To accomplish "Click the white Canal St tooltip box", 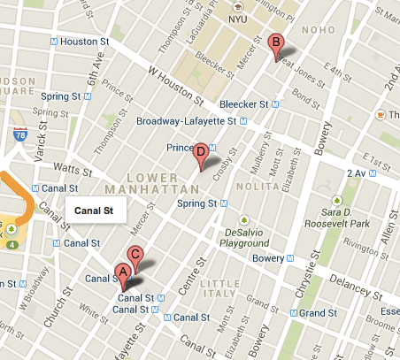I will [x=96, y=211].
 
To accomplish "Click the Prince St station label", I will [x=180, y=147].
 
